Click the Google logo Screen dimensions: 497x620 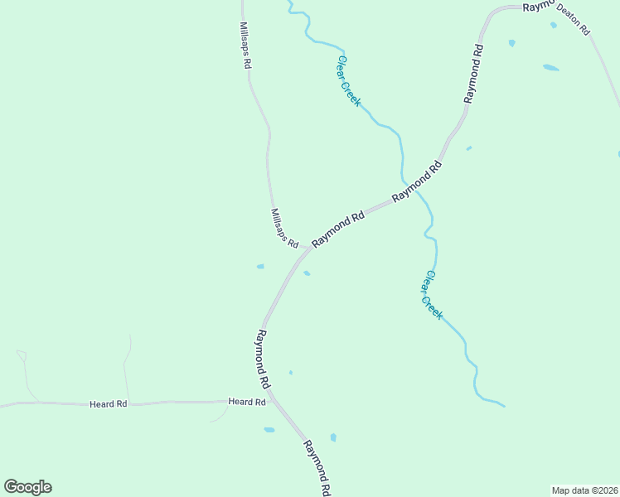pyautogui.click(x=27, y=487)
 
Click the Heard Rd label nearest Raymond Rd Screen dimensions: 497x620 pyautogui.click(x=247, y=402)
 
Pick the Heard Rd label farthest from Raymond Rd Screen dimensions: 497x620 pyautogui.click(x=109, y=404)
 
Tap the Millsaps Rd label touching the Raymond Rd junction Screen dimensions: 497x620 pyautogui.click(x=284, y=227)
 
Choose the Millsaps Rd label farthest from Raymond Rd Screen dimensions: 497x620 pyautogui.click(x=245, y=46)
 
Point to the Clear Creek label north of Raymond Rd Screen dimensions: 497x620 pyautogui.click(x=348, y=80)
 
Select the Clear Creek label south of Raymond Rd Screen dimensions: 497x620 pyautogui.click(x=433, y=295)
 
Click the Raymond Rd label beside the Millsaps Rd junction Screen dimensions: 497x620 pyautogui.click(x=338, y=229)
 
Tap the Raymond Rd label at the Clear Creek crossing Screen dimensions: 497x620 pyautogui.click(x=417, y=181)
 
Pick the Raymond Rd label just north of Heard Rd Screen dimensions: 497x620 pyautogui.click(x=263, y=359)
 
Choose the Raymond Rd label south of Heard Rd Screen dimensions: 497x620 pyautogui.click(x=317, y=467)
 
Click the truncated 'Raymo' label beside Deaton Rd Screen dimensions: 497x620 pyautogui.click(x=537, y=6)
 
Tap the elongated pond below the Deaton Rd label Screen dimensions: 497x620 pyautogui.click(x=550, y=67)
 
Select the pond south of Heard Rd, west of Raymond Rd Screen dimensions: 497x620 pyautogui.click(x=269, y=430)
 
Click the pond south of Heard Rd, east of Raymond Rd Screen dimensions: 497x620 pyautogui.click(x=333, y=437)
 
